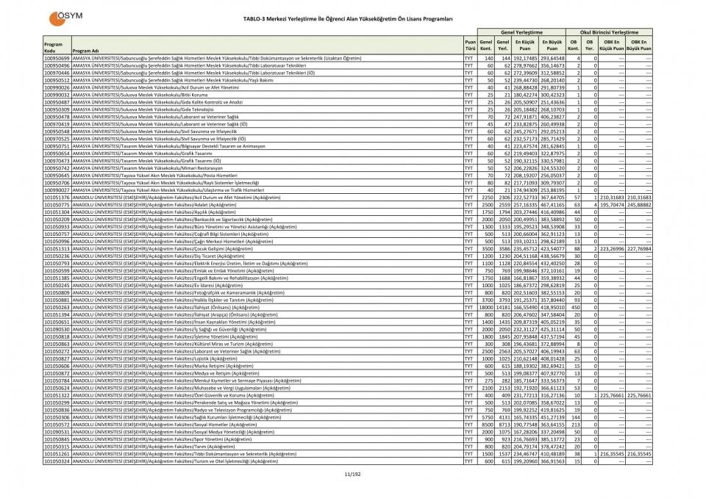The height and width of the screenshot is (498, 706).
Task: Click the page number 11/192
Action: (x=352, y=474)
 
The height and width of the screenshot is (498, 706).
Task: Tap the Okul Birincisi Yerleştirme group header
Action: (x=610, y=32)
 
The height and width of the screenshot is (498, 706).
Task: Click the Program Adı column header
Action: (x=86, y=51)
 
